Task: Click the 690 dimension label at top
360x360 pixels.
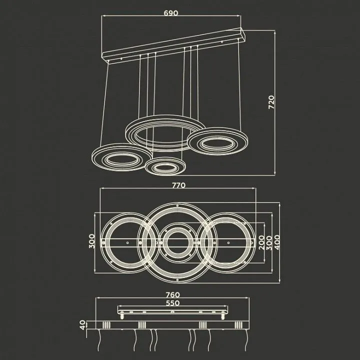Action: coord(171,13)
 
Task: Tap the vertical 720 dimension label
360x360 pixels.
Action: coord(271,102)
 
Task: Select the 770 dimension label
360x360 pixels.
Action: coord(178,185)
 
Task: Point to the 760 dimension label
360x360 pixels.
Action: coord(172,294)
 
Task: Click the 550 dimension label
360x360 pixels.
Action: coord(172,303)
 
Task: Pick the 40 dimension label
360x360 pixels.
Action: coord(82,325)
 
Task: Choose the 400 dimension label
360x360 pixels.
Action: coord(277,242)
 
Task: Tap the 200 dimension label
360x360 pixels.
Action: coord(261,242)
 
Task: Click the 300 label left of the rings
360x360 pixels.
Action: coord(91,241)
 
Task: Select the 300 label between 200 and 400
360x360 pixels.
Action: coord(269,242)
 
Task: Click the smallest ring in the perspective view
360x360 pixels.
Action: coord(165,166)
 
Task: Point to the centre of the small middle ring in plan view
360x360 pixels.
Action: coord(177,242)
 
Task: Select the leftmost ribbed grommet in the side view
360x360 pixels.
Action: coord(106,325)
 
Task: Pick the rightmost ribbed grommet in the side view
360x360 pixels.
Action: coord(238,325)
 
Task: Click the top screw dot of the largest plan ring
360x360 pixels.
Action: coord(177,205)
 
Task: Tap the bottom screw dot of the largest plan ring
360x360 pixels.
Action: coord(177,280)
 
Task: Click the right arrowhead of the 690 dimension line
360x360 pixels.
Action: coord(239,16)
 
